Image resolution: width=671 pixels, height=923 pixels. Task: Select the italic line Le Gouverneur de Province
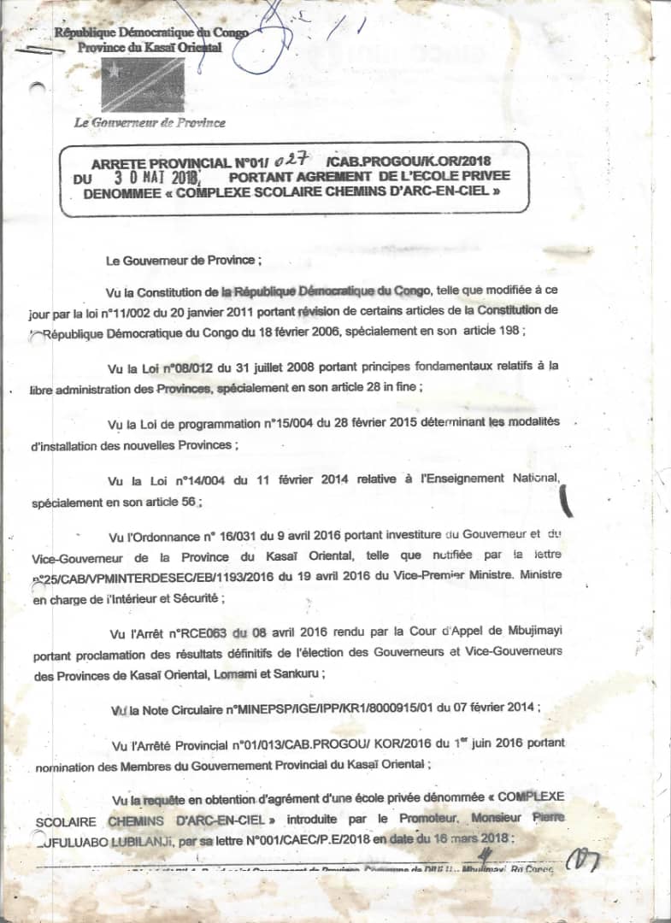(x=150, y=122)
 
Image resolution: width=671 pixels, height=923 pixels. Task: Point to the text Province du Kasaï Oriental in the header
(x=149, y=48)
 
